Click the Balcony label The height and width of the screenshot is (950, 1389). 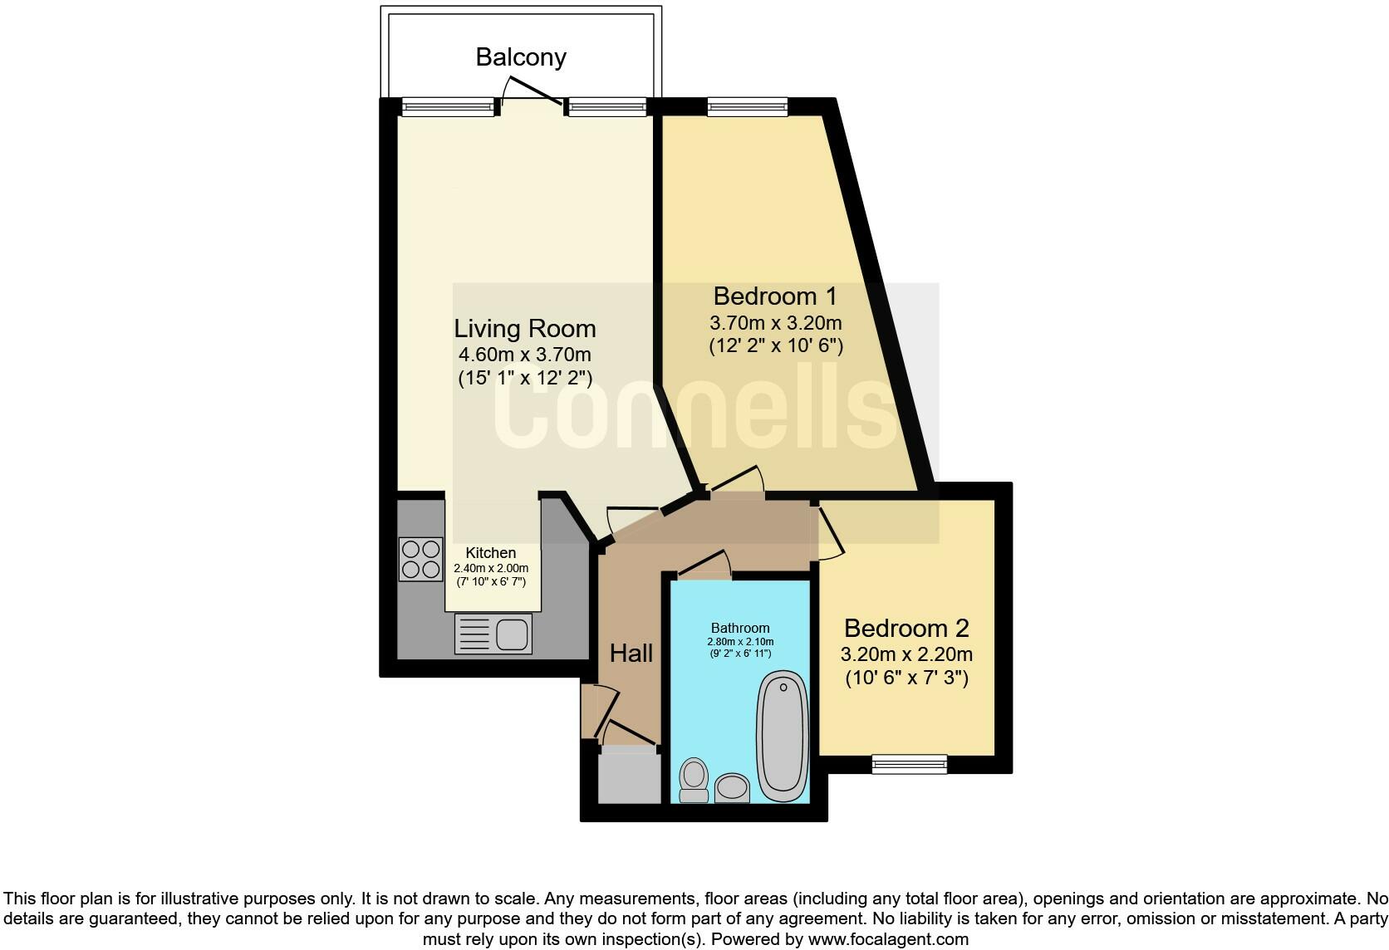[521, 57]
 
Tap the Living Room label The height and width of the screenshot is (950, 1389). [524, 329]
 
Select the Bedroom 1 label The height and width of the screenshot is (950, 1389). [775, 296]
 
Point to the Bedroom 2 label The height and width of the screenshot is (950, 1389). [906, 629]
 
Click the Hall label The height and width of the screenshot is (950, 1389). [631, 654]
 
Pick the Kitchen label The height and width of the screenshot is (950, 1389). [490, 553]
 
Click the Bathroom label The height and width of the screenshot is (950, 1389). [740, 629]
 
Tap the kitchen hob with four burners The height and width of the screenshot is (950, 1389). [421, 559]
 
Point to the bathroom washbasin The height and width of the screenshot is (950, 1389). [732, 787]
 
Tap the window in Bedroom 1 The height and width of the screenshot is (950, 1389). [747, 106]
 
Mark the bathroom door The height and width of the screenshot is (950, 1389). [704, 565]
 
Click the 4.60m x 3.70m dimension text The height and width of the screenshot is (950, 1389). [525, 355]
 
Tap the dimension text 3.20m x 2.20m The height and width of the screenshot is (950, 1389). [906, 654]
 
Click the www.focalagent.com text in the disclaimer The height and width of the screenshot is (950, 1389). [887, 940]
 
